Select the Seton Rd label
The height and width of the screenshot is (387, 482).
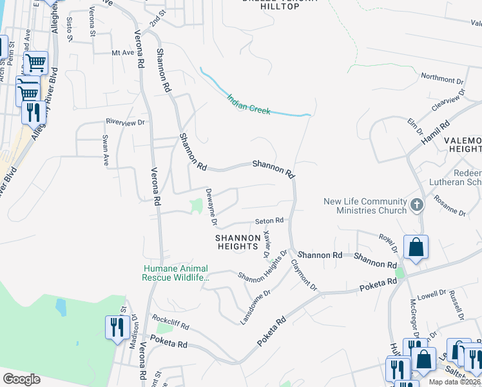click(x=269, y=221)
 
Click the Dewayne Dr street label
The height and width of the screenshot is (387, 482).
click(x=211, y=207)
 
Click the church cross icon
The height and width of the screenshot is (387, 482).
click(x=416, y=205)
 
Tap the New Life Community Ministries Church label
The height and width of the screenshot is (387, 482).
click(x=365, y=206)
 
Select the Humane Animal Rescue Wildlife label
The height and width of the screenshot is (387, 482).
click(x=176, y=273)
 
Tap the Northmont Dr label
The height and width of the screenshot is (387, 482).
click(x=442, y=78)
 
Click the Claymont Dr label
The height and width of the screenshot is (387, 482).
click(x=304, y=274)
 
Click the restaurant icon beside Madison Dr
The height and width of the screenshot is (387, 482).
click(x=117, y=327)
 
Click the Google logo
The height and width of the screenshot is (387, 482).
click(x=21, y=379)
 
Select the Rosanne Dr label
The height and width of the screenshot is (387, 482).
click(x=450, y=206)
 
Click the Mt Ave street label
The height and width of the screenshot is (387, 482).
click(x=122, y=53)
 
